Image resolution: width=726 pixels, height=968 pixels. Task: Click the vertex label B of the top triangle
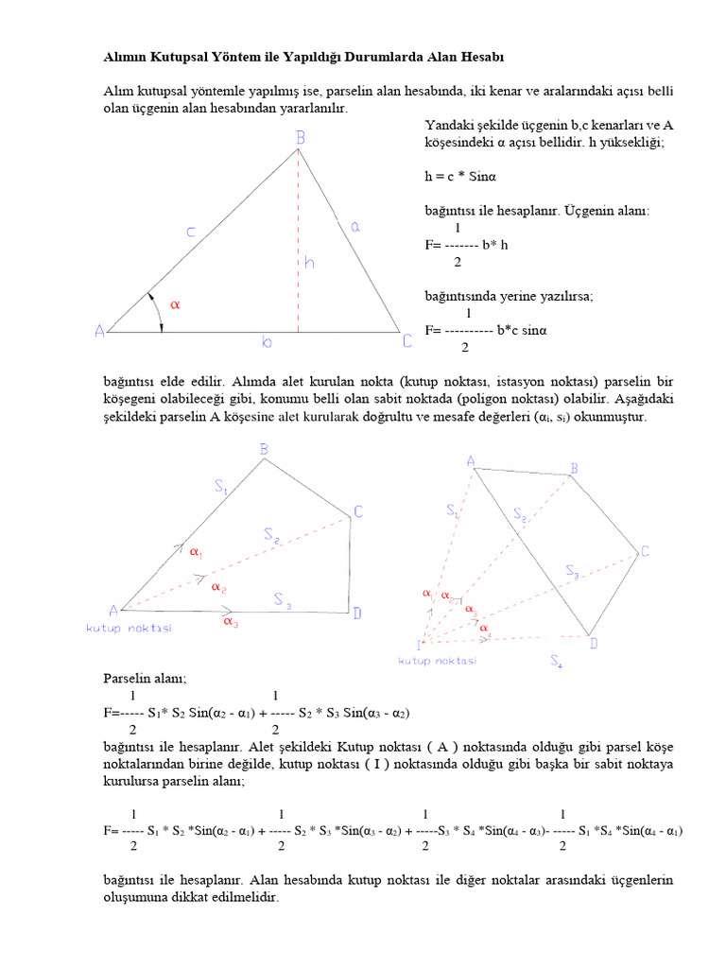point(300,138)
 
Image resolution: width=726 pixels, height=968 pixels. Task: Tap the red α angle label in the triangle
point(174,304)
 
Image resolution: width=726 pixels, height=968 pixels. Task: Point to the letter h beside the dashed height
point(309,262)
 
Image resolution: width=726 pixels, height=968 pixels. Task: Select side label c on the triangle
point(192,231)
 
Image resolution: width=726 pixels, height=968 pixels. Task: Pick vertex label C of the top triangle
point(406,340)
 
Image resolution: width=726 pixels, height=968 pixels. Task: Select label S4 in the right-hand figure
point(557,664)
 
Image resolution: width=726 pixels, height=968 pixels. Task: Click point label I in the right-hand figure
point(419,645)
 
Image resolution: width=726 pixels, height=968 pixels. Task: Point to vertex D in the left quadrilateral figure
point(357,614)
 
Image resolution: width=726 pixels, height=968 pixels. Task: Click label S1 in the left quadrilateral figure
point(221,488)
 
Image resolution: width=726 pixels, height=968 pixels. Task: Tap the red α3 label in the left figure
point(231,622)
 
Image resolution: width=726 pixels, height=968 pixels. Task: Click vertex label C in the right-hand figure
point(645,551)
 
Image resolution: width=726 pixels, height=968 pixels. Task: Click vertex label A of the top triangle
point(99,331)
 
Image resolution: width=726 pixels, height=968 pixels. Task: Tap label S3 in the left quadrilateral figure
point(283,598)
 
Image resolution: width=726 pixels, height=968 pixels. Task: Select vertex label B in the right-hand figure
point(574,469)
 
